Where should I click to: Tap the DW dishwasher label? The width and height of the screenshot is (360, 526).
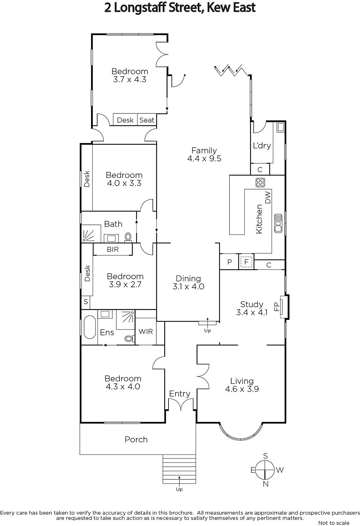267,197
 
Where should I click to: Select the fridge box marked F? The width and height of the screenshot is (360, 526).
246,262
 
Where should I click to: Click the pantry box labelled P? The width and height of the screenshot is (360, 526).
229,262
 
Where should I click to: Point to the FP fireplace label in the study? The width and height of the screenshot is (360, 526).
277,306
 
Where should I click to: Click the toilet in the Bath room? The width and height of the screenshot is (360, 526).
128,237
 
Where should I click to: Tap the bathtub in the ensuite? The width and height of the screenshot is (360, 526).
90,327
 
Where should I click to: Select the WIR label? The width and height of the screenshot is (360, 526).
146,331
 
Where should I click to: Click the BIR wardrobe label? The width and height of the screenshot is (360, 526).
113,250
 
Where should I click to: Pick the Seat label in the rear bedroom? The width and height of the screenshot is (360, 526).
147,120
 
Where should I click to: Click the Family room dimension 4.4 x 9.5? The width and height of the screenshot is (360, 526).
204,158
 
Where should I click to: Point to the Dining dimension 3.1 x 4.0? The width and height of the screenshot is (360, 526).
189,286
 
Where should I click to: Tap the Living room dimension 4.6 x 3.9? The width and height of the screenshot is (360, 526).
242,389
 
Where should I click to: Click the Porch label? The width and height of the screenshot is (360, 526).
136,440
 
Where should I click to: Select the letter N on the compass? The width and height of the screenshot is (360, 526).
265,484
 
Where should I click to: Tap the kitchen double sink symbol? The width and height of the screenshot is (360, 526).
278,223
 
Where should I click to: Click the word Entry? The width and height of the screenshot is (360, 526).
180,394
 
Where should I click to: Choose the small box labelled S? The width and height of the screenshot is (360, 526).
86,301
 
